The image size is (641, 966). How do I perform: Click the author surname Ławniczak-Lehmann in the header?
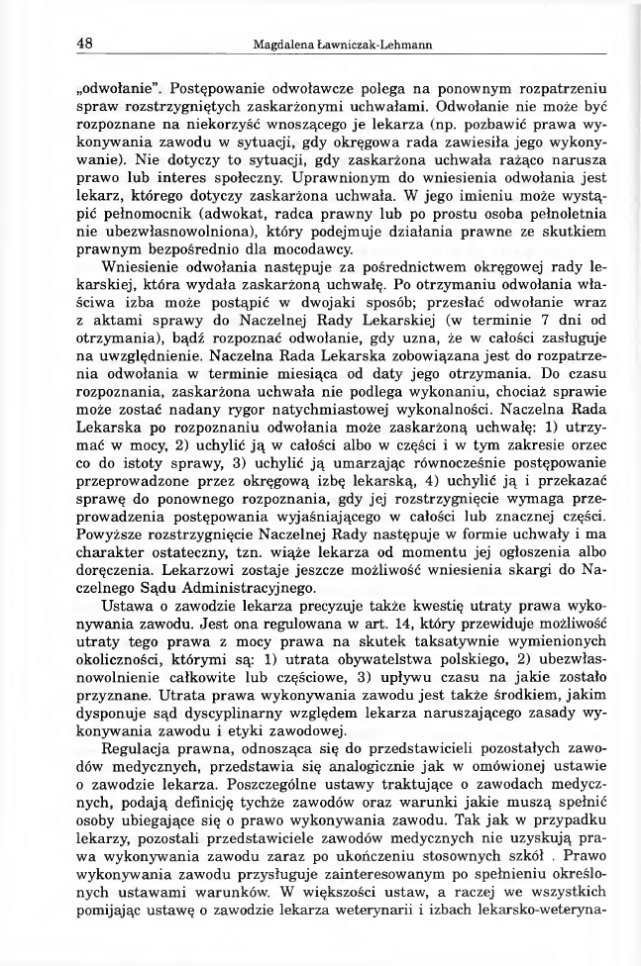pos(374,46)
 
